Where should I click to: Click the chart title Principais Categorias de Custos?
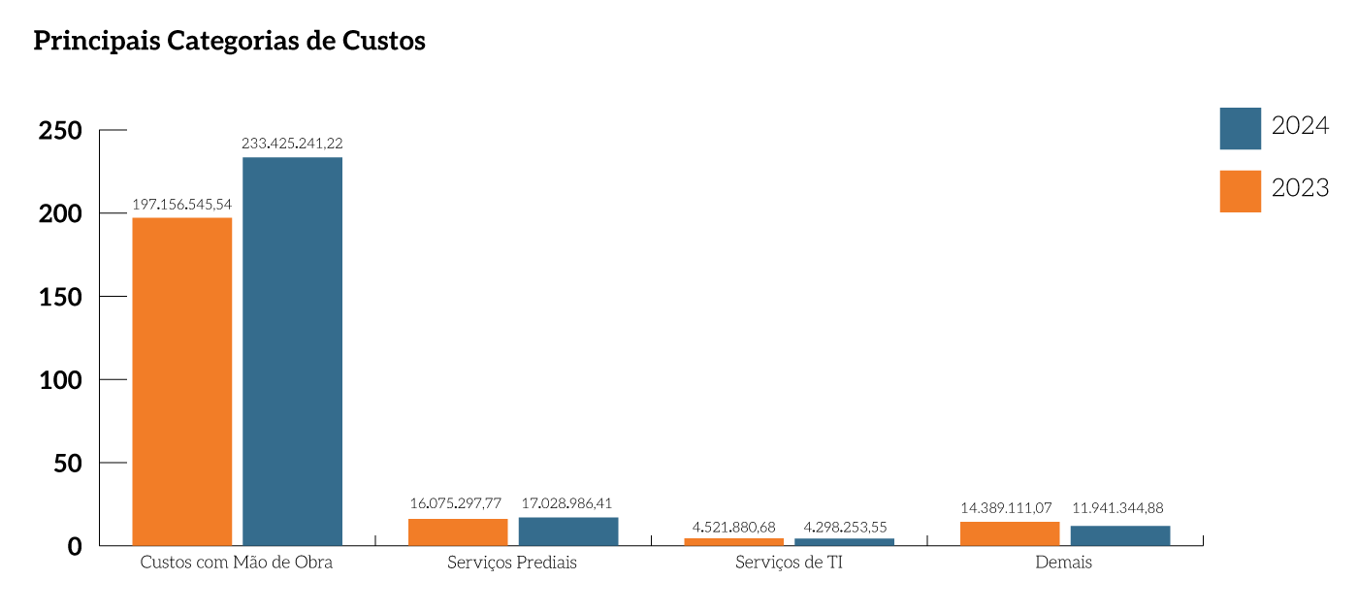click(229, 42)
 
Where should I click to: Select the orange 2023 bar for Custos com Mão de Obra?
click(181, 381)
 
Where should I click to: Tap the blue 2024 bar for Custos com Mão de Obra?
click(292, 351)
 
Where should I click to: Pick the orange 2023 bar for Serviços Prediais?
click(458, 532)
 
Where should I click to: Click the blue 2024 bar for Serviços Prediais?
click(568, 531)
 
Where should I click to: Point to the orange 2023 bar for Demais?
click(1010, 533)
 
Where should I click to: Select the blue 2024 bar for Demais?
click(1120, 535)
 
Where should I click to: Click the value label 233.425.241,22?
click(292, 144)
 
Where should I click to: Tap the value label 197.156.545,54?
click(181, 205)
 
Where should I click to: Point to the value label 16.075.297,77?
click(456, 504)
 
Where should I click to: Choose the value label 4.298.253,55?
click(845, 527)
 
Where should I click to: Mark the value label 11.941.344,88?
click(1117, 507)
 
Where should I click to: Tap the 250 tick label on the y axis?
click(60, 130)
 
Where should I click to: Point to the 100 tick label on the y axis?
click(60, 380)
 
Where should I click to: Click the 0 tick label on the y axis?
click(76, 547)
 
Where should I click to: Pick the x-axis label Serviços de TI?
click(789, 564)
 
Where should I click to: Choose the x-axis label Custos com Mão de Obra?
click(237, 564)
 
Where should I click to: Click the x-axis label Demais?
click(1063, 564)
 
